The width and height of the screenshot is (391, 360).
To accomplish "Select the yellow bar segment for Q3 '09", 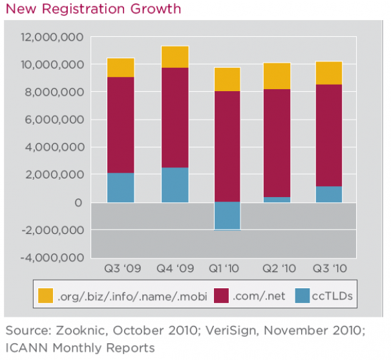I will tap(121, 67).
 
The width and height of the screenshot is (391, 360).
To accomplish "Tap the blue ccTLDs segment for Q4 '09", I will tap(174, 185).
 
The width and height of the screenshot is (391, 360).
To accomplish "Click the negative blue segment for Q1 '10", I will tap(227, 216).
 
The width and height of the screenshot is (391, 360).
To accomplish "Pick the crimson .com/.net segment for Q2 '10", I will tap(277, 143).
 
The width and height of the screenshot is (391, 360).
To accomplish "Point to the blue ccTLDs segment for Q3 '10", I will tap(329, 195).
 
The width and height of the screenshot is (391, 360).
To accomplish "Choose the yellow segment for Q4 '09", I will tap(174, 57).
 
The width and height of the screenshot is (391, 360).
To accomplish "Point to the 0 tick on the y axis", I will tap(78, 203).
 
